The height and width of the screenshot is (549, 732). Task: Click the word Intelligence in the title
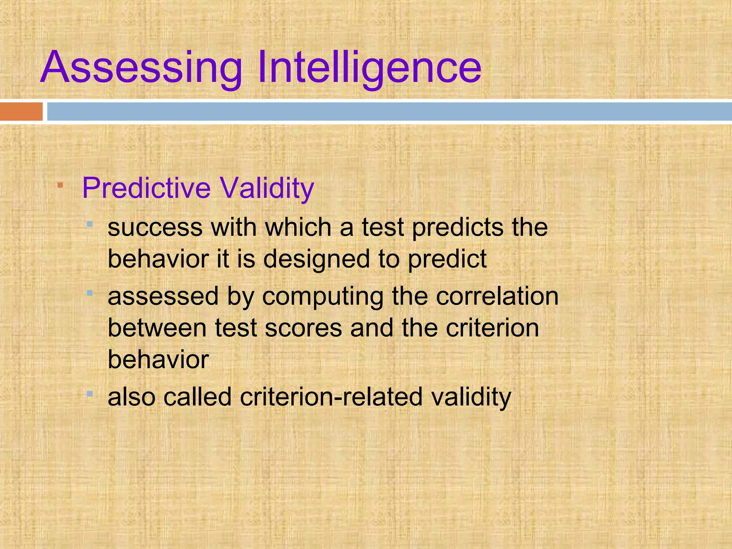point(369,68)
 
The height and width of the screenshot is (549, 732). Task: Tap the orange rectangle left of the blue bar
point(21,112)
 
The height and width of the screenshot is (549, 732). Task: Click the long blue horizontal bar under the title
point(390,112)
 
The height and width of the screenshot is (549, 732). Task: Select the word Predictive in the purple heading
point(147,188)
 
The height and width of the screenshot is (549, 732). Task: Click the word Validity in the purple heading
point(267,188)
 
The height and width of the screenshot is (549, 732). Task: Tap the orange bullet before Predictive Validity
point(60,185)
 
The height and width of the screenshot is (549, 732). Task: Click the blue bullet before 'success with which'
point(90,224)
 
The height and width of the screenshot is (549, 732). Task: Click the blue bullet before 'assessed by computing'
point(90,293)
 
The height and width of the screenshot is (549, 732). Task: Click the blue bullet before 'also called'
point(90,394)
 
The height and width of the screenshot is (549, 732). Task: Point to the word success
point(155,228)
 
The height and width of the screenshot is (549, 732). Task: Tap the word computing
point(323,297)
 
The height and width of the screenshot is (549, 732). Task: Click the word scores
point(303,328)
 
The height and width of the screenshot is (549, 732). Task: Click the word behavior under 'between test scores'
point(158,360)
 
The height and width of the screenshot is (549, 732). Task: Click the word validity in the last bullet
point(471,397)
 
